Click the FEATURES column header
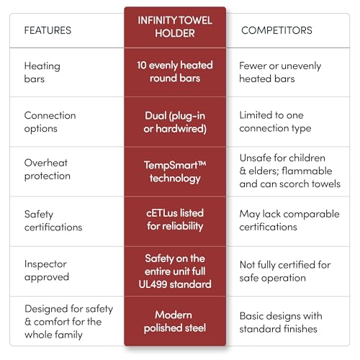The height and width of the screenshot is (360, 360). point(48,30)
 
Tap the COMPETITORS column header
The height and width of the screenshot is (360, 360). point(276,30)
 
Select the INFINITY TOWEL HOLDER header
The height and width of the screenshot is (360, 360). point(175,27)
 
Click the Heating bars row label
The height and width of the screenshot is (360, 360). point(42,72)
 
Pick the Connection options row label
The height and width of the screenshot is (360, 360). point(50,122)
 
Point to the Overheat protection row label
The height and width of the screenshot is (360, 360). point(48,169)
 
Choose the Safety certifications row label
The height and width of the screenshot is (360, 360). point(53,220)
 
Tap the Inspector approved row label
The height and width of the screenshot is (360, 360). point(47,271)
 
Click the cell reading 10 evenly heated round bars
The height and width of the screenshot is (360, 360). point(175,71)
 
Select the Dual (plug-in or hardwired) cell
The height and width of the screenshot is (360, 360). point(175,122)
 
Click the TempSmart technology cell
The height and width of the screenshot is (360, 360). point(175,172)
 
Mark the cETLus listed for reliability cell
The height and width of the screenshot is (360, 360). point(175,220)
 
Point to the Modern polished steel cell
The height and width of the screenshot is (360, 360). point(175,321)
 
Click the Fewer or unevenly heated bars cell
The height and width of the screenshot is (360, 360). point(280,72)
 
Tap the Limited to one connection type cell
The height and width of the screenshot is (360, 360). point(275,122)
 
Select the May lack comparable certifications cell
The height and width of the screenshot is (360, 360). point(289,220)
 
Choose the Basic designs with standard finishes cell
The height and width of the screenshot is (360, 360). point(281,323)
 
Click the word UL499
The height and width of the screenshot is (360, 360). point(153,284)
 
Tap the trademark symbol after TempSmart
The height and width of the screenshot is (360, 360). point(202,163)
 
